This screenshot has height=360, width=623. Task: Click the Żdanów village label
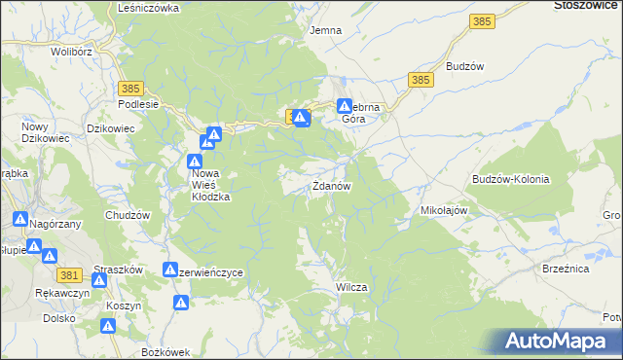coord(331,185)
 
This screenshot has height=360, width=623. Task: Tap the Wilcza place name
coord(350,288)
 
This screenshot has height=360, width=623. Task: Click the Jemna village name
coord(325,30)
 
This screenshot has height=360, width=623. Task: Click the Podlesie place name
coord(137,104)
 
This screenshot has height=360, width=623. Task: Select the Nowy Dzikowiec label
coord(42,134)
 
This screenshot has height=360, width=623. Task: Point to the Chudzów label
coord(128,214)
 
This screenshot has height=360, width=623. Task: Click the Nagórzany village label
coord(55,224)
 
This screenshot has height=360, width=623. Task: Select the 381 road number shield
coord(69,275)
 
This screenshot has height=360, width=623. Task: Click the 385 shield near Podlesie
coord(133,89)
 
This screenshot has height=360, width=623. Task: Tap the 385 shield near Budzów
coord(421,80)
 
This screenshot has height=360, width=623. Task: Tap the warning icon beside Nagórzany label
coord(20,221)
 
